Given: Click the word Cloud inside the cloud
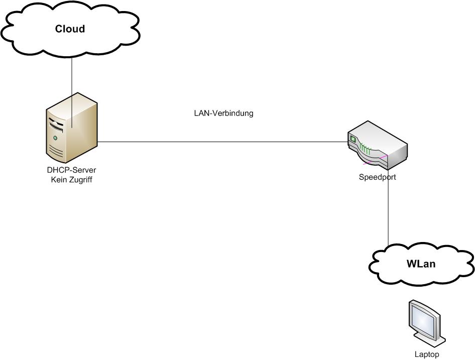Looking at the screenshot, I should tap(70, 29).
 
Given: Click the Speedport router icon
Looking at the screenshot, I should tap(378, 146).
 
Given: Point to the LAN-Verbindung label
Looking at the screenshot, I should tap(223, 113).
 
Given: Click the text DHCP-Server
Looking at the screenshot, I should tap(71, 170).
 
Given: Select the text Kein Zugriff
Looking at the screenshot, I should tap(71, 179).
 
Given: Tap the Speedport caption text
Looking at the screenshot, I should tap(377, 177).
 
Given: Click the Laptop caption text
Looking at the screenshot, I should tap(426, 354).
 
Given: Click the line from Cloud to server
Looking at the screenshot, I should tap(71, 75).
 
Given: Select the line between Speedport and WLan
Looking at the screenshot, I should tap(389, 211).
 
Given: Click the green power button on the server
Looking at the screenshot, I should tap(55, 138).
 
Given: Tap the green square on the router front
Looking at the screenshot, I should tap(352, 139).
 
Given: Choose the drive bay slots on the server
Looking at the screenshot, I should tap(56, 124).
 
